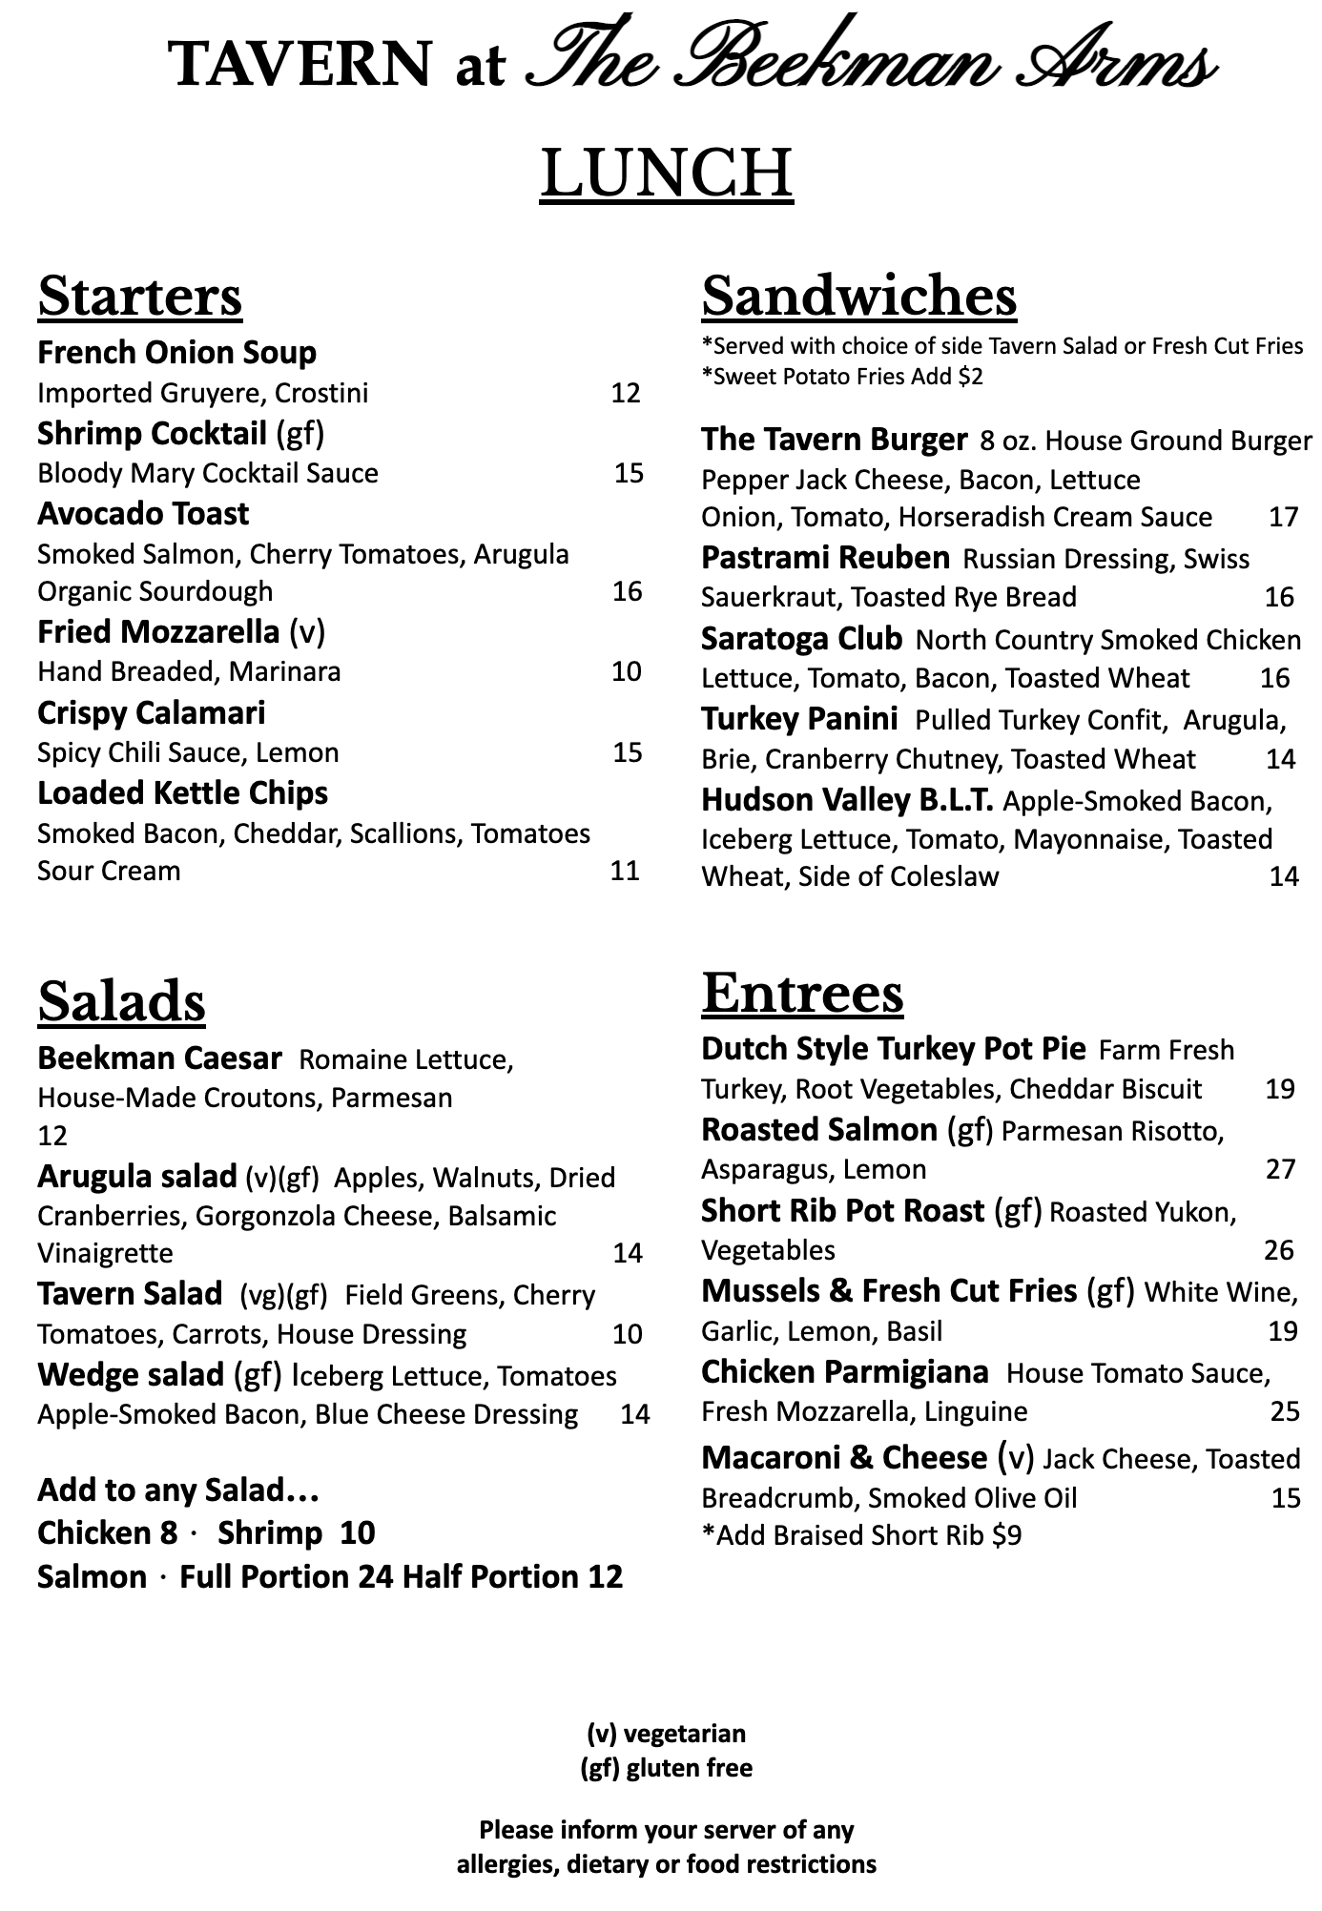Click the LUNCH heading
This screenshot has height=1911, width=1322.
(x=666, y=174)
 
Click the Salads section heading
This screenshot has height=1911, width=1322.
(x=121, y=1001)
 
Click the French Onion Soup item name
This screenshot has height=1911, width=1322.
(x=176, y=353)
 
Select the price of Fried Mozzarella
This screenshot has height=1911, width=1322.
(x=626, y=671)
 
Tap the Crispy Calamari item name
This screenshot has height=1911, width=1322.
(x=151, y=712)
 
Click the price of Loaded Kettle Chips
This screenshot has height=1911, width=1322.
(x=625, y=871)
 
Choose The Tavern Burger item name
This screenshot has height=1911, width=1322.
(x=834, y=439)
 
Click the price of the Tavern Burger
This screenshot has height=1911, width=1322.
(x=1283, y=517)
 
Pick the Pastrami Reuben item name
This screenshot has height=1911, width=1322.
(x=825, y=557)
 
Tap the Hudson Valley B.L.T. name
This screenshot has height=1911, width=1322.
(x=847, y=799)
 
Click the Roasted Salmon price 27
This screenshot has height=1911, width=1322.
(x=1280, y=1169)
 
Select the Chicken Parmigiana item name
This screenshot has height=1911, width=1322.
(x=844, y=1371)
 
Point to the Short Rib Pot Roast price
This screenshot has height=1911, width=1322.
(x=1279, y=1250)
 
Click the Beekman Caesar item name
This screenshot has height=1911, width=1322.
(x=159, y=1058)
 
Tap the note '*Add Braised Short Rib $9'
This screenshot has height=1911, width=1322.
(x=861, y=1535)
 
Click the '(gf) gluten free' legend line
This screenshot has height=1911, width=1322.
(x=666, y=1768)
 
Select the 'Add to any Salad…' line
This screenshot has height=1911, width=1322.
(x=177, y=1490)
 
